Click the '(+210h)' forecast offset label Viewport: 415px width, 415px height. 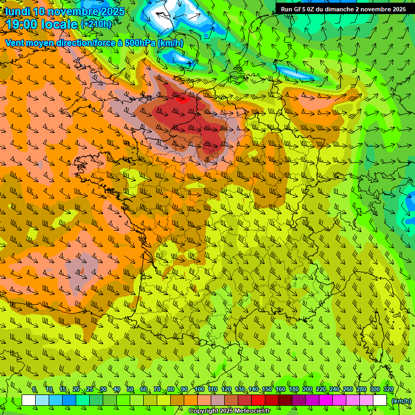click(96, 24)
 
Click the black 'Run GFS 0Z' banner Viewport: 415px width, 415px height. click(343, 9)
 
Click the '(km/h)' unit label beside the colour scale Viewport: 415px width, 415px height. click(401, 400)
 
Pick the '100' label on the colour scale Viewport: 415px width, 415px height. click(199, 390)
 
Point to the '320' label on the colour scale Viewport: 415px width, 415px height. click(388, 390)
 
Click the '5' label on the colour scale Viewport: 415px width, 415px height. click(35, 390)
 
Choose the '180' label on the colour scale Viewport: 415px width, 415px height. click(293, 390)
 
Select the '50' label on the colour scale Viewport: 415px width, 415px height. click(130, 390)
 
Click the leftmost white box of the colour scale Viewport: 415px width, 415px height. click(29, 400)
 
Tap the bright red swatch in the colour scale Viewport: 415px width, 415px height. click(258, 400)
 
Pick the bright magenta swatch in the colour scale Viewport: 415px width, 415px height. click(326, 400)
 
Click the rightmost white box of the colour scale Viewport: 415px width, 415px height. click(380, 400)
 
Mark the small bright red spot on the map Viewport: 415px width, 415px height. click(181, 98)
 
